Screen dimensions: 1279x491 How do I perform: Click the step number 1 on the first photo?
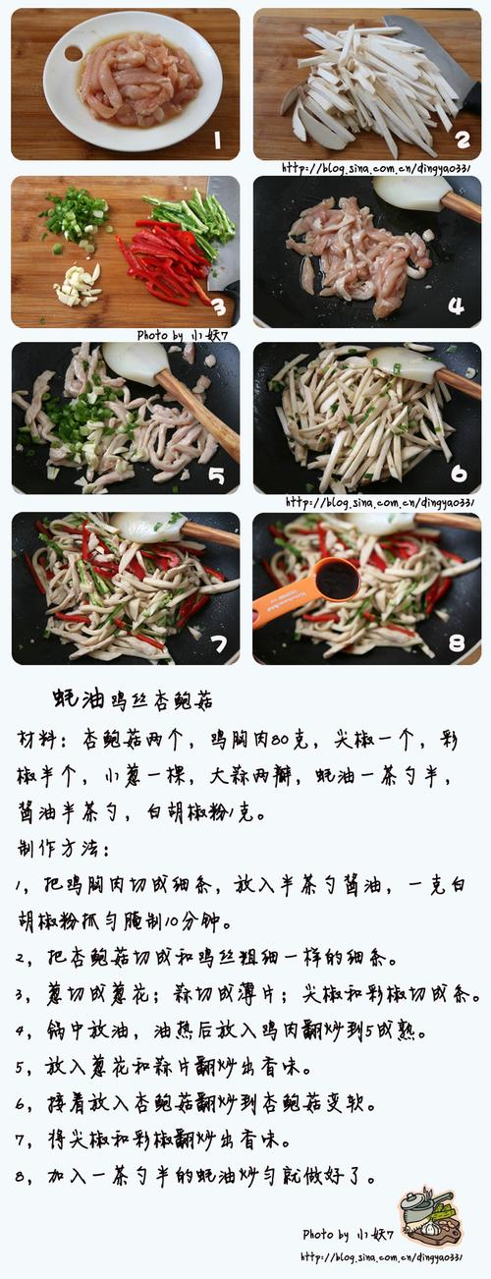[218, 140]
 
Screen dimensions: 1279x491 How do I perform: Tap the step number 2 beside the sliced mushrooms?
[461, 139]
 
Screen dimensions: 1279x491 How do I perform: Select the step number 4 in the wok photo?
[456, 306]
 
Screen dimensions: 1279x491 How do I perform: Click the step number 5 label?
[216, 476]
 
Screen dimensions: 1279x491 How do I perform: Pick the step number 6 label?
[459, 474]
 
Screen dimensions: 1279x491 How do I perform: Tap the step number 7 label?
[218, 644]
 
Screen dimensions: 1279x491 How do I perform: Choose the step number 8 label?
[456, 643]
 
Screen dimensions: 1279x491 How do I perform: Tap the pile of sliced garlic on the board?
[77, 284]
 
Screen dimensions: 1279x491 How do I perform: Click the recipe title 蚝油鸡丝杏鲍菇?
[133, 699]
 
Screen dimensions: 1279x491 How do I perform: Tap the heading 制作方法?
[64, 848]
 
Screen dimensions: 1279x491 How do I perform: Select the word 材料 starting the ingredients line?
[37, 739]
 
